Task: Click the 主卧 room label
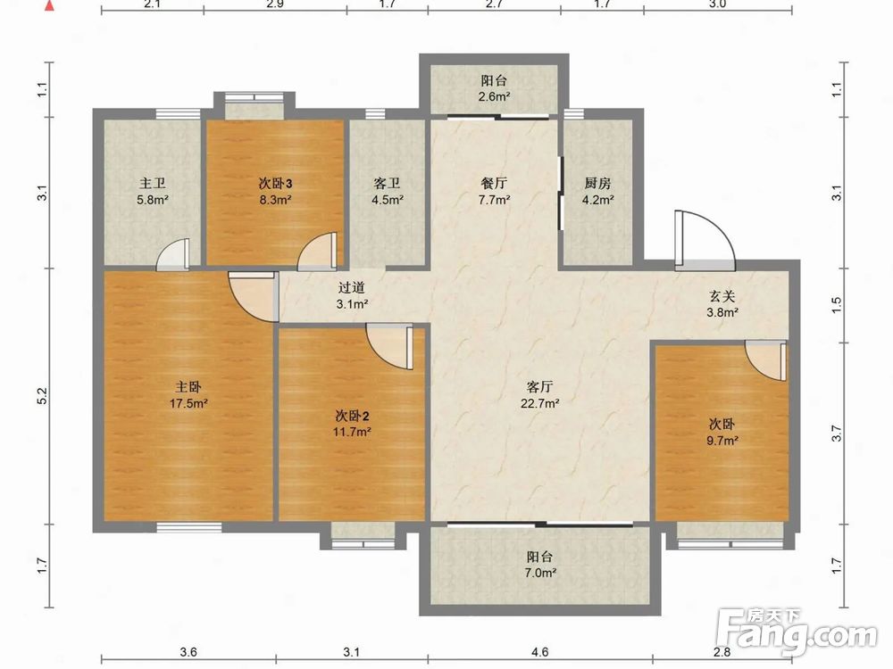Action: point(188,387)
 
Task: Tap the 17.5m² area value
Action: point(188,404)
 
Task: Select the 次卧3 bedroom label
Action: point(276,183)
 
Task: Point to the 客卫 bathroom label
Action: point(388,183)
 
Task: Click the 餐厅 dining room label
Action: point(494,183)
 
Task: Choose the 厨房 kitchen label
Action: point(597,183)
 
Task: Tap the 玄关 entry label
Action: point(722,296)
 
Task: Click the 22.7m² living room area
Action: point(539,404)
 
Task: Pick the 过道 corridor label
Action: point(351,288)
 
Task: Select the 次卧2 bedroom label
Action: point(353,416)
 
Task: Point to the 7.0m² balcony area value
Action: point(540,573)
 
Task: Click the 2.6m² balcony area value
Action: point(494,96)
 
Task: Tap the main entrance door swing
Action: point(705,239)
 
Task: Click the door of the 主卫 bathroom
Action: point(172,254)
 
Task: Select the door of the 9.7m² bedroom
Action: point(766,360)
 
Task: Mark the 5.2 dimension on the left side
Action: point(42,396)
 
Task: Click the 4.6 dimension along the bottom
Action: point(539,652)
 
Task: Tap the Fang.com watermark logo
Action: point(797,632)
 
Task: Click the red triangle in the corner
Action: point(49,7)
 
